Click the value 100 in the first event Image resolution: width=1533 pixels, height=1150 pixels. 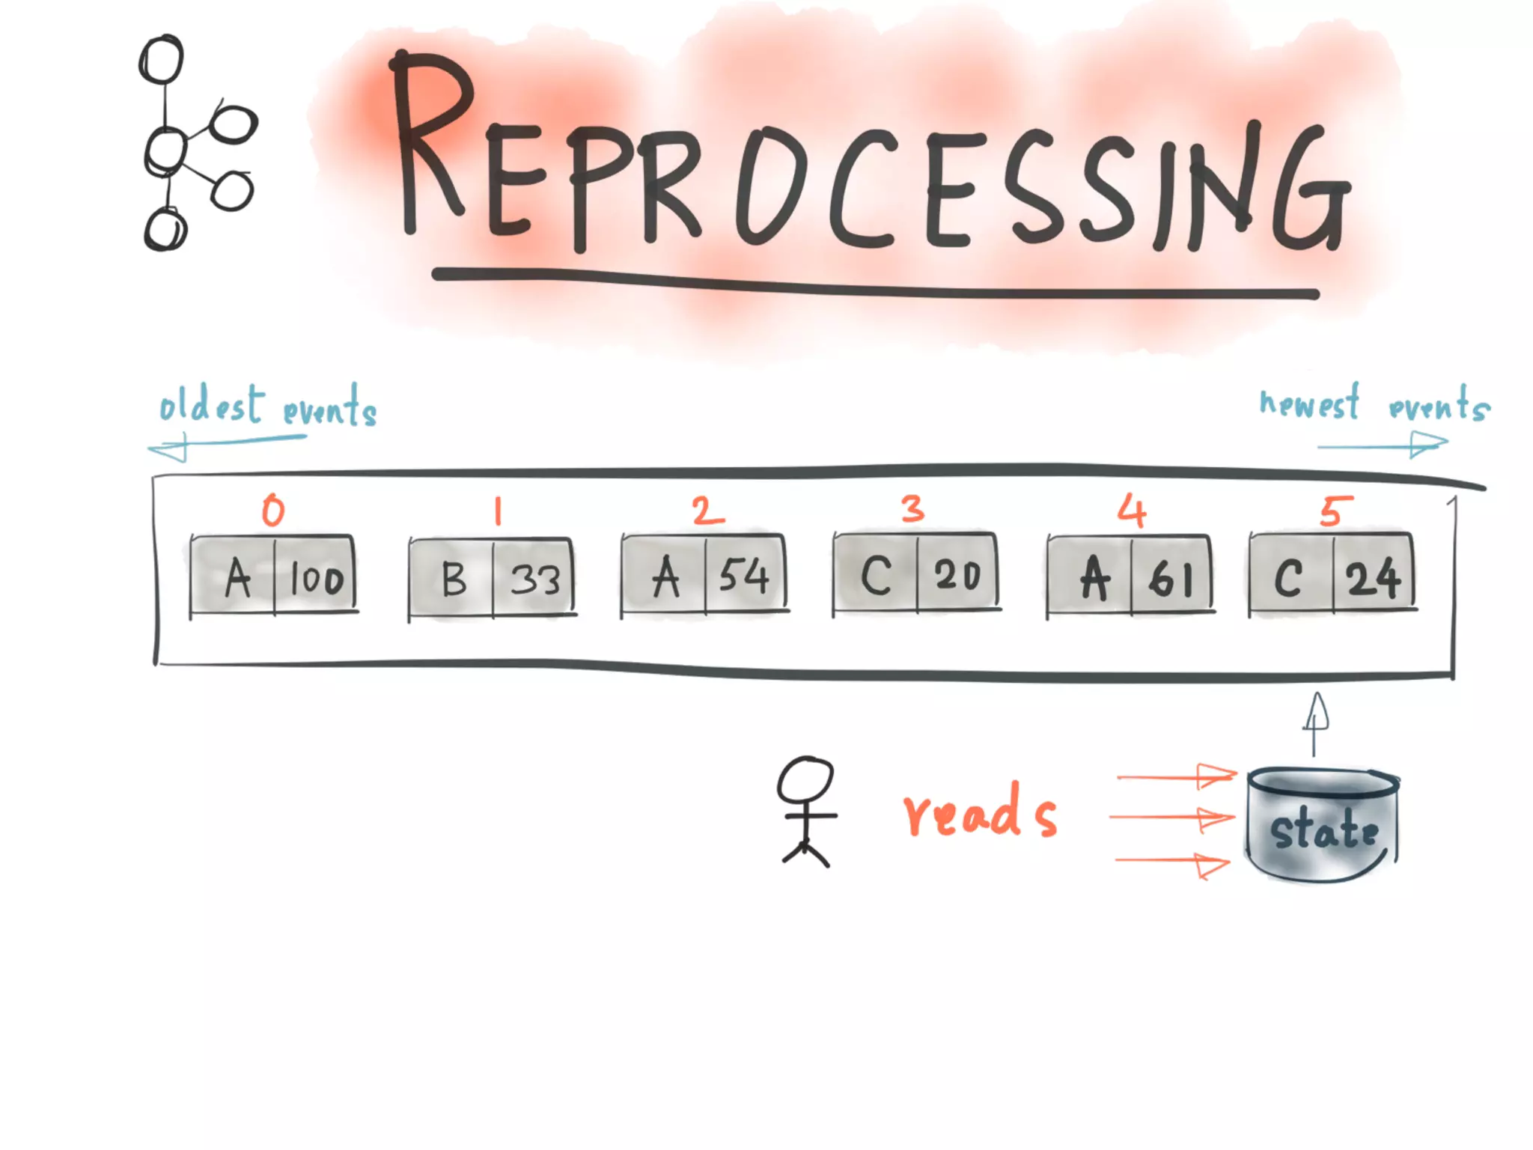pos(317,579)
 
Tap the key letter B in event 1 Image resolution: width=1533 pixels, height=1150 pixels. pos(454,579)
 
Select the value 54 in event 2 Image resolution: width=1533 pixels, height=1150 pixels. pos(744,576)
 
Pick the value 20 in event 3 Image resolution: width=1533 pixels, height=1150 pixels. pos(957,576)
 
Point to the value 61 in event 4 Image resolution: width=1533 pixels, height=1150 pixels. pos(1171,579)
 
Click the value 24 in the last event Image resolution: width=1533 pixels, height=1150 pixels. pos(1373,578)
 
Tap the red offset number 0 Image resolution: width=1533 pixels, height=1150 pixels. pos(273,511)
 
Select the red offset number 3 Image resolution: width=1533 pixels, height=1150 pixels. pos(912,509)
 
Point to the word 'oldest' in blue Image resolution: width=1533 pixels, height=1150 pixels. pos(212,406)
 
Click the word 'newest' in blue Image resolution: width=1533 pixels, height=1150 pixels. pos(1309,404)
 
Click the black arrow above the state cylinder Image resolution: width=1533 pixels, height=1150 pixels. pos(1315,722)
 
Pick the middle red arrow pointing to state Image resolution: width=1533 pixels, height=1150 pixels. pos(1171,818)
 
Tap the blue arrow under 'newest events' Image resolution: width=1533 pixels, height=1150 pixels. pos(1383,445)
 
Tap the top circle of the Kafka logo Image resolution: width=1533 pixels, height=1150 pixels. pos(162,60)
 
